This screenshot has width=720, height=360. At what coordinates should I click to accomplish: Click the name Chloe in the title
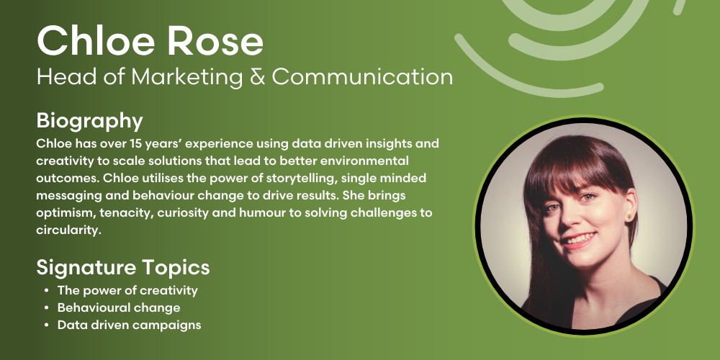96,41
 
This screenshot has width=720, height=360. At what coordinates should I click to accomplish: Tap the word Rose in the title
215,41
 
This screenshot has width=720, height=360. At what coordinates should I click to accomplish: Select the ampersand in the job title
257,77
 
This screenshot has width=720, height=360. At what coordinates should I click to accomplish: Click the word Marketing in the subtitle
187,78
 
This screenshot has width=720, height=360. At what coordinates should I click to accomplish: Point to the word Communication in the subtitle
362,77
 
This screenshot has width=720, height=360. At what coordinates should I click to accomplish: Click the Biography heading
89,122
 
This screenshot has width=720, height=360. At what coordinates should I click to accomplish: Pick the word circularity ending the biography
68,230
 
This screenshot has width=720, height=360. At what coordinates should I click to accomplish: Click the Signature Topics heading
123,268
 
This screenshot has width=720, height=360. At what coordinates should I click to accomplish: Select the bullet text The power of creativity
127,291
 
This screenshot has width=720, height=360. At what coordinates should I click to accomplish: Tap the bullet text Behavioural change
119,307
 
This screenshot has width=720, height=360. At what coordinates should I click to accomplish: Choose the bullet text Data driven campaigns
129,325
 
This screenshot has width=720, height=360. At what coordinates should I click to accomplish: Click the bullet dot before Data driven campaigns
47,325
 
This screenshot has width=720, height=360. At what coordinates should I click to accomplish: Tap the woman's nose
570,217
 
